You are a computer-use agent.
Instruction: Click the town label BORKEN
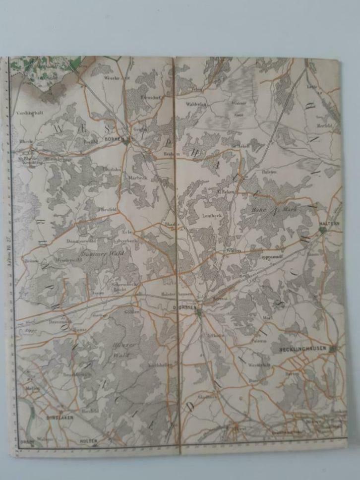(x=114, y=140)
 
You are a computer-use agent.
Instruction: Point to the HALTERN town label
(x=331, y=223)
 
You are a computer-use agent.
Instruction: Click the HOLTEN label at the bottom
(x=89, y=440)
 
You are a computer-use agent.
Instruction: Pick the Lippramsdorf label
(x=270, y=258)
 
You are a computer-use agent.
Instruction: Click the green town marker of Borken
(x=127, y=141)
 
